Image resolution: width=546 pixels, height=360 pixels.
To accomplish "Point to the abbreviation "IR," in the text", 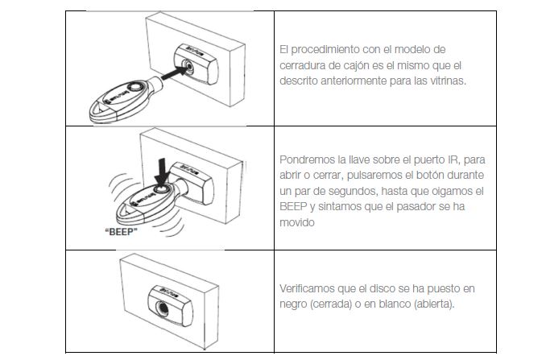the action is click(453, 159).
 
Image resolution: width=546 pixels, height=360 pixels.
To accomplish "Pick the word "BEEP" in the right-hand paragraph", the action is click(293, 206).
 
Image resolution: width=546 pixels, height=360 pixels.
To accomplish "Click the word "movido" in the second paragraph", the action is click(297, 222).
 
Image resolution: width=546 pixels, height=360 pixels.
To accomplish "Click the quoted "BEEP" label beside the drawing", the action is click(121, 232).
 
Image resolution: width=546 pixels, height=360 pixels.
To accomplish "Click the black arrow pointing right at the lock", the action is click(174, 73).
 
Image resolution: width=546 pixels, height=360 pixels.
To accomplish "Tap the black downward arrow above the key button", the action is click(162, 172).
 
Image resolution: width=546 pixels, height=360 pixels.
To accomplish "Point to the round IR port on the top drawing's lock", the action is click(188, 67).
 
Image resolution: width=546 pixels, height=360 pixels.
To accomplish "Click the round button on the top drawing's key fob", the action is click(134, 86).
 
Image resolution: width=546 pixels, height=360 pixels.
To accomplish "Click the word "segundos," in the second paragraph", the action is click(352, 192).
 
